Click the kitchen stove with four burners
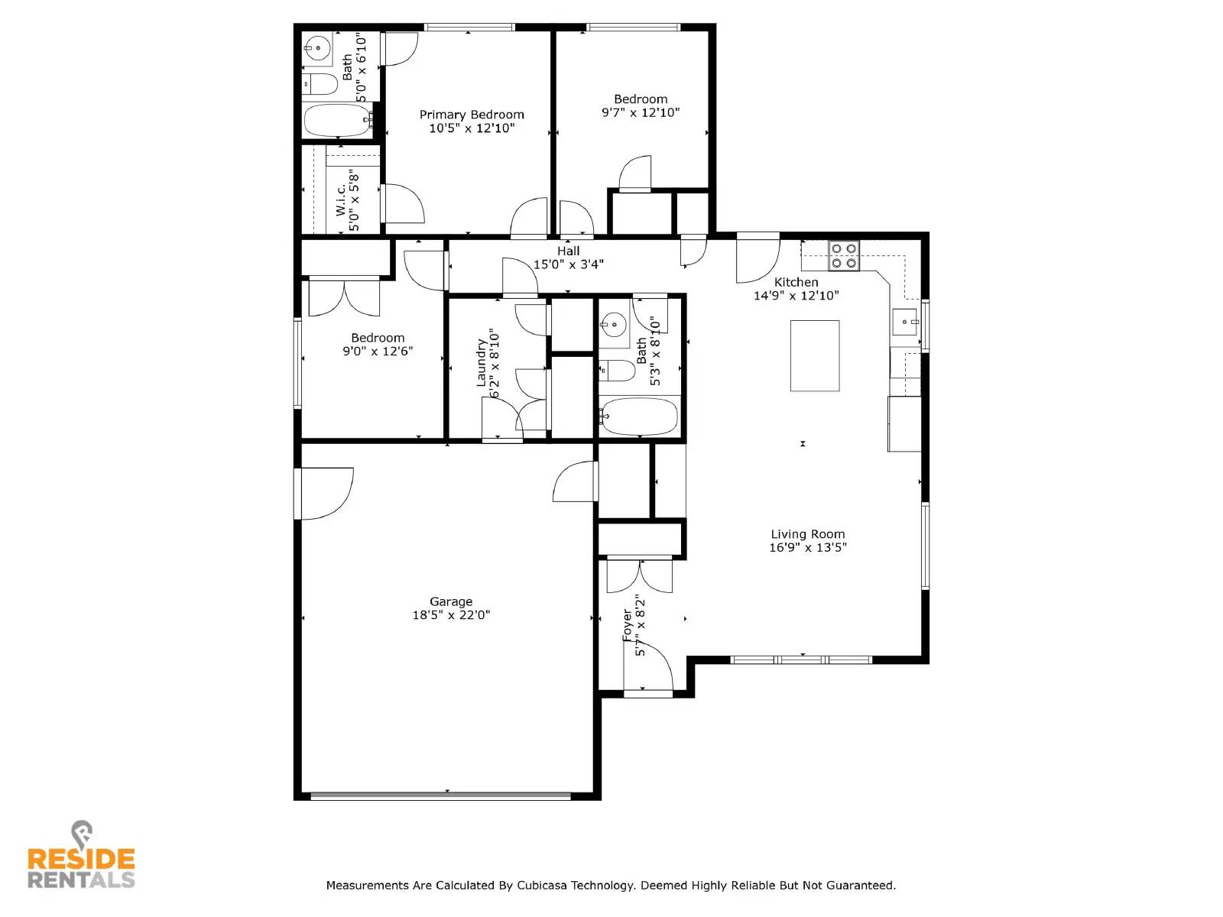(x=844, y=255)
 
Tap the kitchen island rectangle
(x=814, y=356)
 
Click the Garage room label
(x=450, y=601)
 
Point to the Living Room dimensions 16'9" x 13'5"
(x=807, y=547)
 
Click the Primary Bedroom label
(x=472, y=115)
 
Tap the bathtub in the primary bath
(x=337, y=120)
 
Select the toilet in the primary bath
(x=320, y=84)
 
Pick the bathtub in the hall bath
(x=638, y=416)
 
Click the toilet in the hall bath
(x=616, y=371)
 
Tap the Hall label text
(x=568, y=251)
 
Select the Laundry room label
(x=482, y=363)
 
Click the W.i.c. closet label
(x=341, y=200)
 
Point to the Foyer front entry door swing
(x=648, y=666)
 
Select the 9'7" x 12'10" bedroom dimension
(x=641, y=112)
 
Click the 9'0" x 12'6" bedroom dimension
(x=378, y=352)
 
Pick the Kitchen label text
(x=796, y=282)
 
